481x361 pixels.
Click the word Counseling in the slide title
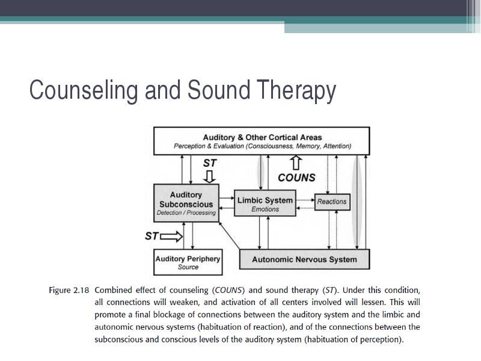click(84, 91)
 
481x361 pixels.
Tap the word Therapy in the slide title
click(296, 91)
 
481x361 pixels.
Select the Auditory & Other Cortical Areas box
click(262, 141)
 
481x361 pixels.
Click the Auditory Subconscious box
click(186, 203)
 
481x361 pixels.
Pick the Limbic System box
click(265, 203)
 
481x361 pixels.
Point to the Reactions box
click(332, 202)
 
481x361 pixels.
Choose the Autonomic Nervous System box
click(304, 259)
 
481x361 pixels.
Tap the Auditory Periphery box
click(188, 262)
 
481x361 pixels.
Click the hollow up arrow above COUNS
click(296, 162)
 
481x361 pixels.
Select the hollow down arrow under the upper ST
click(210, 177)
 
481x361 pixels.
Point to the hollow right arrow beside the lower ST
click(171, 236)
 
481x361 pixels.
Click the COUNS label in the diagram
click(296, 177)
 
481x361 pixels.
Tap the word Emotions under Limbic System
click(265, 209)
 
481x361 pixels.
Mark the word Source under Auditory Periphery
click(188, 267)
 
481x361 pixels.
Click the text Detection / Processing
click(186, 213)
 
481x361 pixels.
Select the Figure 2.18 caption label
click(69, 291)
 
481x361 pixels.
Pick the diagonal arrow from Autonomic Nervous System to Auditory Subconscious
click(229, 235)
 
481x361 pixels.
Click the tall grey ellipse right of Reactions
click(356, 201)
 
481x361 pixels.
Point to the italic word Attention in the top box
click(337, 146)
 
